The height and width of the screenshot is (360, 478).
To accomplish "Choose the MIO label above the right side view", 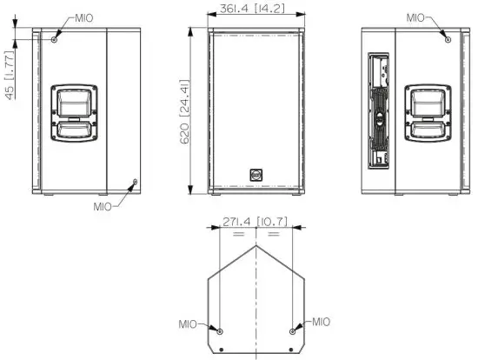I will tap(417, 17).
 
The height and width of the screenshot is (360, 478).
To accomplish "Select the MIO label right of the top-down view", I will tap(321, 322).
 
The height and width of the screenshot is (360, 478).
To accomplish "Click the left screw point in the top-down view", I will tap(219, 332).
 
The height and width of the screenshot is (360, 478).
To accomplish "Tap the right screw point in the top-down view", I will tap(293, 332).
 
